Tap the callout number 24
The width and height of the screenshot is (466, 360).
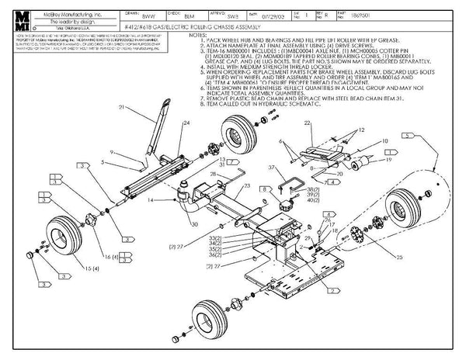click(186, 123)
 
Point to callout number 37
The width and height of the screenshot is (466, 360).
click(272, 168)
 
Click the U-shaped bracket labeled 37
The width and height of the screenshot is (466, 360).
click(288, 183)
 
